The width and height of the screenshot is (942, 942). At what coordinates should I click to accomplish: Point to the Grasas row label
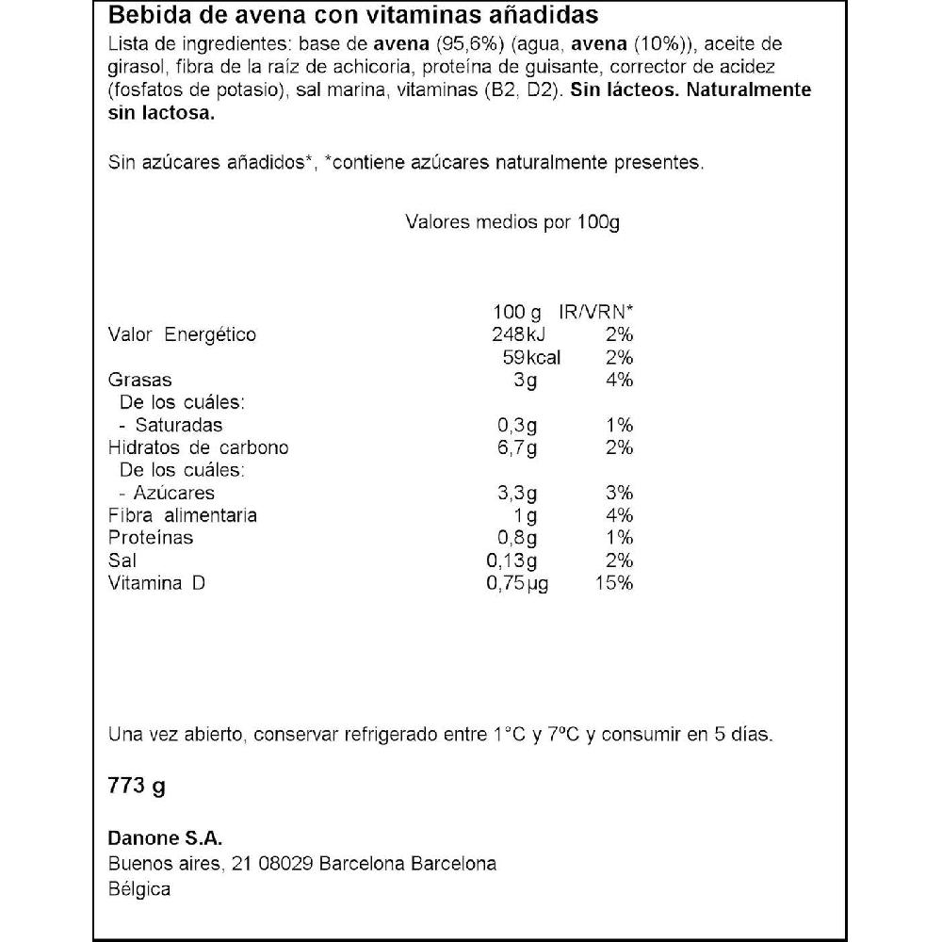point(140,380)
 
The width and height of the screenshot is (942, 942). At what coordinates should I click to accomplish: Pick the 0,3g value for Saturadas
point(517,425)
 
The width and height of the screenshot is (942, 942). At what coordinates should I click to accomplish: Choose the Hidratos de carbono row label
point(199,447)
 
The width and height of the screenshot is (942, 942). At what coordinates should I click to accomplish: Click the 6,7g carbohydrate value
point(517,447)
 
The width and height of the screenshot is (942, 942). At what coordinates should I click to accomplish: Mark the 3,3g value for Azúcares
point(517,493)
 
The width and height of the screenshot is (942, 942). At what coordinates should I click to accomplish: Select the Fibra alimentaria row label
point(183,515)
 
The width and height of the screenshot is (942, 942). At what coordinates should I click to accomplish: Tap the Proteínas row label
point(151,538)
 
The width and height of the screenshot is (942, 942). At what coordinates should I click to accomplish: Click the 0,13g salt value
point(512,560)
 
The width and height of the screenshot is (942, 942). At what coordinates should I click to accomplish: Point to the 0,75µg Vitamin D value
point(517,584)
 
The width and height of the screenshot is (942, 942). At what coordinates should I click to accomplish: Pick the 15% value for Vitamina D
point(613,584)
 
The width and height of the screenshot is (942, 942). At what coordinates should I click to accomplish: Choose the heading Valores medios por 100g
point(512,222)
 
